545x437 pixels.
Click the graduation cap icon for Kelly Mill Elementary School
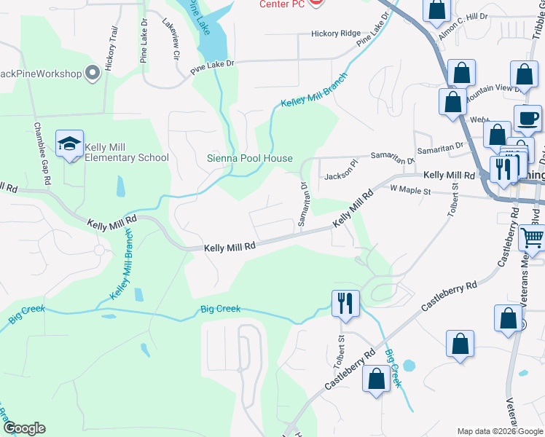point(69,144)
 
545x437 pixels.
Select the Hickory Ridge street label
point(336,34)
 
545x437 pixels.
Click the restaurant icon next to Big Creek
point(345,302)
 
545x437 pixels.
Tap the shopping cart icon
point(533,237)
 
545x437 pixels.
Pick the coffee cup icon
point(528,118)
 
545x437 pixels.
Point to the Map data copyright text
point(500,431)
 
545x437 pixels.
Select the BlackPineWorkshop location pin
point(93,73)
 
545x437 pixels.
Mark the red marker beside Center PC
point(316,4)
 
